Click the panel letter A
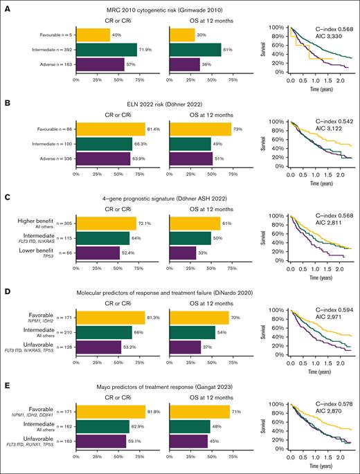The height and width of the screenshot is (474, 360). [x=6, y=5]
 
